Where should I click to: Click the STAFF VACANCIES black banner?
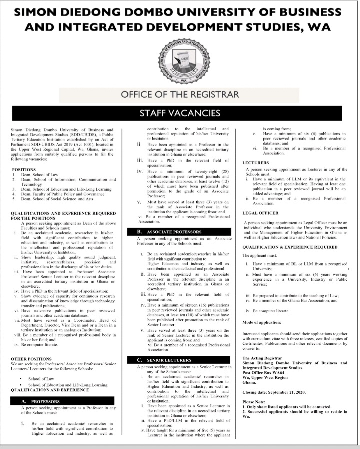[x=179, y=113]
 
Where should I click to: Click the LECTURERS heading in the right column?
[x=256, y=163]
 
